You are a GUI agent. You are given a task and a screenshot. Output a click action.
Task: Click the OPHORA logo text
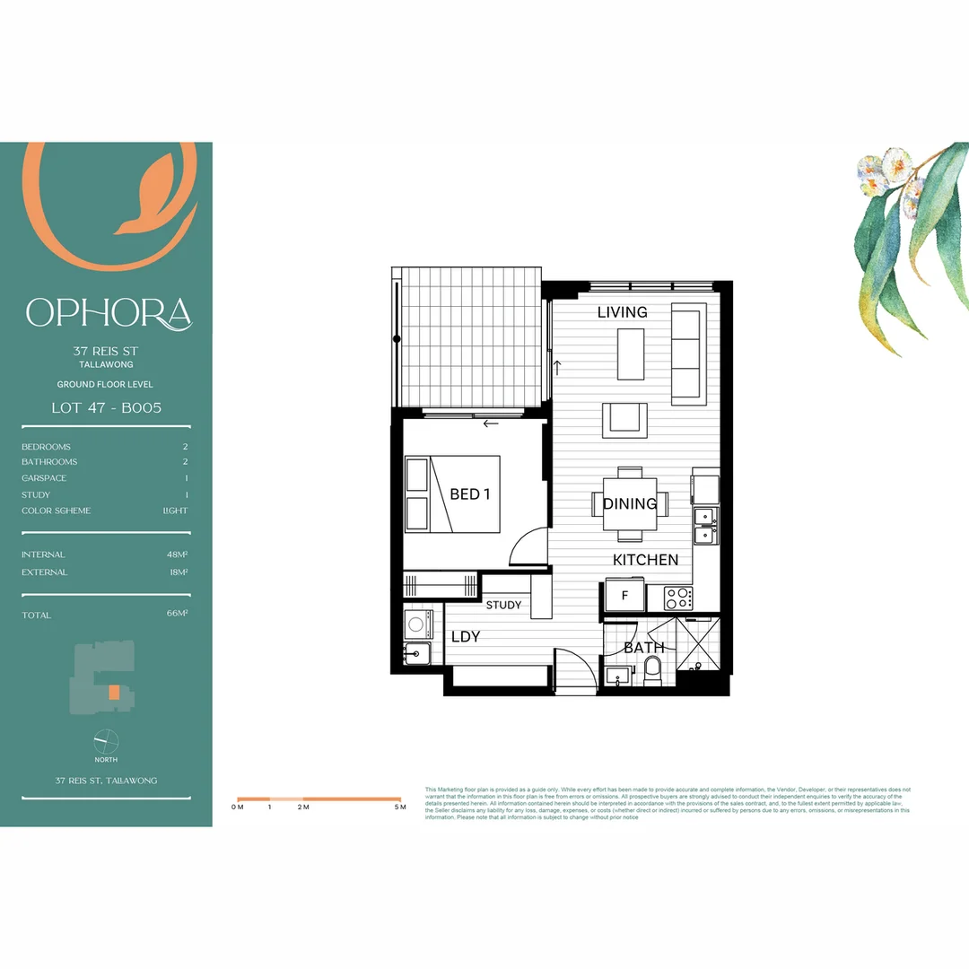109,313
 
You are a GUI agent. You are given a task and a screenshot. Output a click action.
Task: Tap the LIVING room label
622,312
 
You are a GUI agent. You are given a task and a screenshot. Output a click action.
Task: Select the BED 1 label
470,494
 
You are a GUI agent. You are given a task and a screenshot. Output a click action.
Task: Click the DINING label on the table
630,504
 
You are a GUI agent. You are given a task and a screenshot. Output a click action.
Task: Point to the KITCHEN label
645,560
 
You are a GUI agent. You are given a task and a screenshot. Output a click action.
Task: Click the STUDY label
503,605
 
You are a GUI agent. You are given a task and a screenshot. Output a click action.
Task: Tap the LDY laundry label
466,637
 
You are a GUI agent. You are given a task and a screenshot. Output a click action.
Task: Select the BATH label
643,647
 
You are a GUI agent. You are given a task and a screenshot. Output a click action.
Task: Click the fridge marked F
625,595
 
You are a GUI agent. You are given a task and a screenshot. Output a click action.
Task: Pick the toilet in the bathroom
652,669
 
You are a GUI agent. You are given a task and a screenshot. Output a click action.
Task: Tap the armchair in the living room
624,420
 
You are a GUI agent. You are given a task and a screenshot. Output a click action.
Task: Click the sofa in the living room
689,353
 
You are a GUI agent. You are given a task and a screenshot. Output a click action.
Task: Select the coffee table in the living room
631,354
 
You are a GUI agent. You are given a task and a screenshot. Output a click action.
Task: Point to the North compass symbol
106,741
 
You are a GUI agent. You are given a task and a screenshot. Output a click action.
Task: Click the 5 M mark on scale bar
400,807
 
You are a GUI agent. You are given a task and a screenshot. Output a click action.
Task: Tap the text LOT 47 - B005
106,407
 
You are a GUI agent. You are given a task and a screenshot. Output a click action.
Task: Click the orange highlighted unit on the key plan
113,693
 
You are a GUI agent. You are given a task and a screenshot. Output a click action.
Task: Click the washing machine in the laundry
417,624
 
